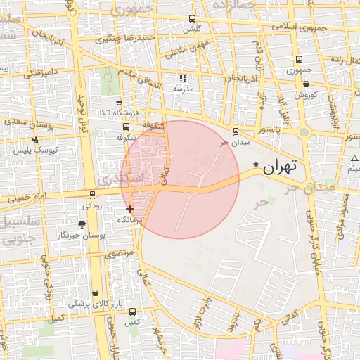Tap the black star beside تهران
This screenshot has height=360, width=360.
pos(256,166)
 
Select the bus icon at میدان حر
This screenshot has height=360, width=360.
pos(235,131)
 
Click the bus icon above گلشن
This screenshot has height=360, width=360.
pos(192,20)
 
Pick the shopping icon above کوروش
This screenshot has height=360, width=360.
pos(306,84)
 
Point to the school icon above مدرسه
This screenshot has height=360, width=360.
pos(183,79)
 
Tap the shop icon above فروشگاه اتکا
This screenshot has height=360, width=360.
pos(118,103)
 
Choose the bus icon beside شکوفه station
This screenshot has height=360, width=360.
pos(126,127)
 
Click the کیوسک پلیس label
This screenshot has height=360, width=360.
pos(35,150)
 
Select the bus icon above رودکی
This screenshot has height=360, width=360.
pos(92,195)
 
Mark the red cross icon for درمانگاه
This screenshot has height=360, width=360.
pos(129,209)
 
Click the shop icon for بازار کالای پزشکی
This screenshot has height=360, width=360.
pos(95,292)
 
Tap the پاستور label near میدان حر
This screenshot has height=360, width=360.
pos(269,131)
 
